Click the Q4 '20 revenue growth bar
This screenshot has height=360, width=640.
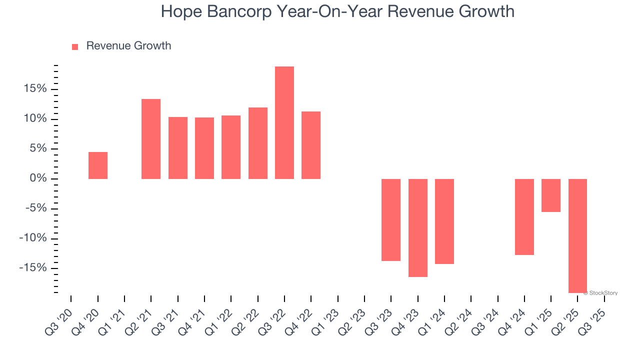(98, 165)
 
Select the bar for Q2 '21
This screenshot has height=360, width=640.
(151, 139)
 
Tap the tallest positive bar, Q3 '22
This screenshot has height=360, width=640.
(284, 122)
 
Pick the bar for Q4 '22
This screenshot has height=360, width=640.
(311, 145)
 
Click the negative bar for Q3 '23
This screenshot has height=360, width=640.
(391, 220)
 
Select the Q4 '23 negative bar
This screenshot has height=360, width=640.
(418, 228)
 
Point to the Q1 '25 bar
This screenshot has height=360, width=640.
(551, 195)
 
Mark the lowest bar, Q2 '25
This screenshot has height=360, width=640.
(577, 236)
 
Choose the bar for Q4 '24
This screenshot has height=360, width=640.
(524, 217)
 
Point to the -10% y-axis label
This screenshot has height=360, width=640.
(32, 238)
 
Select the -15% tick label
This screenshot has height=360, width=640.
(32, 268)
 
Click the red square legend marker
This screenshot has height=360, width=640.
(75, 47)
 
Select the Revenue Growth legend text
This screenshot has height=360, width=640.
(128, 46)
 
